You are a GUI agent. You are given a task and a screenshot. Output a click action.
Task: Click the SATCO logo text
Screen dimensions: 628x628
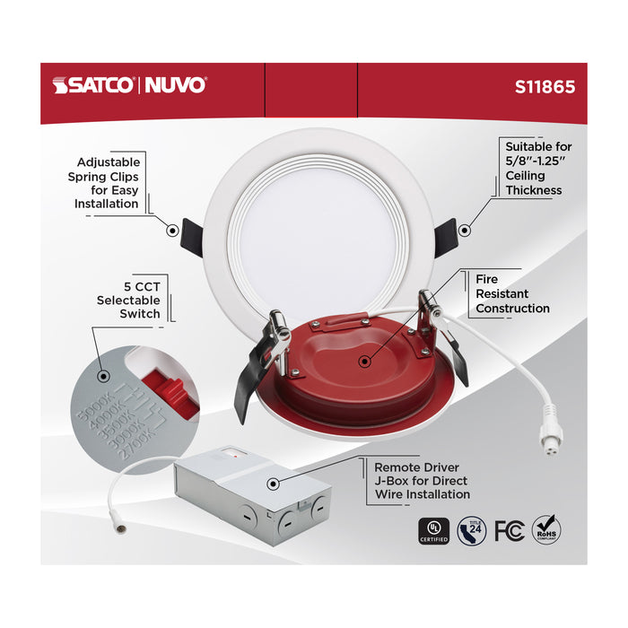pos(93,86)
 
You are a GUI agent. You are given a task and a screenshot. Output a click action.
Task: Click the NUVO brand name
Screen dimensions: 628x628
pos(174,86)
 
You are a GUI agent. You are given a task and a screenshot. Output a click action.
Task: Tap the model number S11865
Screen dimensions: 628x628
pos(545,88)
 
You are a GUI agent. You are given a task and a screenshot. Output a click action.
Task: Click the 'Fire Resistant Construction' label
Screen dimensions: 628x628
pos(512,294)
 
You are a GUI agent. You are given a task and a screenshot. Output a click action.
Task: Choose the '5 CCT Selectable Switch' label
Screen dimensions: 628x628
pos(128,300)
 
